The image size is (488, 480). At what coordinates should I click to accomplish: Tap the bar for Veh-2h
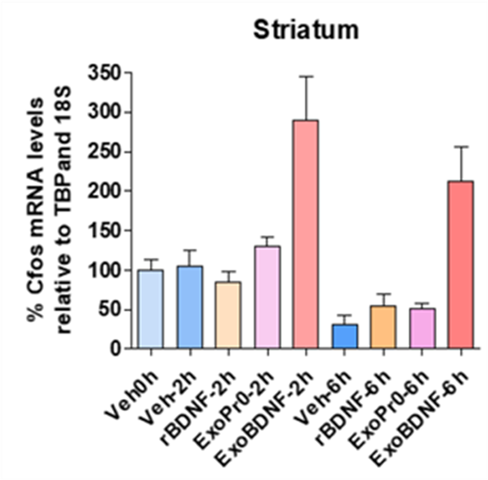[x=189, y=307]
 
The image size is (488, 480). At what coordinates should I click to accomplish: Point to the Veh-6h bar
[x=344, y=336]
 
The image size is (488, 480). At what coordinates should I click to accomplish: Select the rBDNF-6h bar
[x=383, y=327]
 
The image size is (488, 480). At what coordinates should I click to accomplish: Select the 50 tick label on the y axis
[x=110, y=309]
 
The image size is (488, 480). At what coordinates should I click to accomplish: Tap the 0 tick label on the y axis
[x=115, y=349]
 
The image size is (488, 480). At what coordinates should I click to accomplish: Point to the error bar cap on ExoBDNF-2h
[x=306, y=76]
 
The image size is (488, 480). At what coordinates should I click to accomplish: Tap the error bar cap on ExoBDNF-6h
[x=461, y=146]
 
